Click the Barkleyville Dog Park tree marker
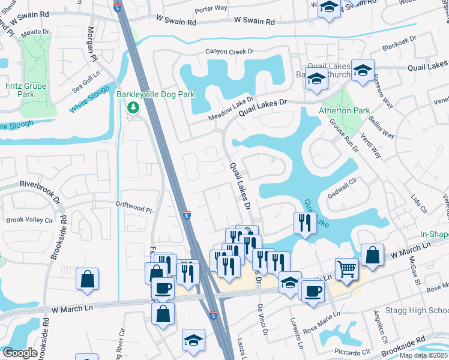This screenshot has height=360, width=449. tap(133, 108)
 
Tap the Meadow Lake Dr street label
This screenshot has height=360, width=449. tap(231, 110)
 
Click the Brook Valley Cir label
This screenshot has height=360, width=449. tap(30, 220)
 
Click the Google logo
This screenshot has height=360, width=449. tap(20, 353)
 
